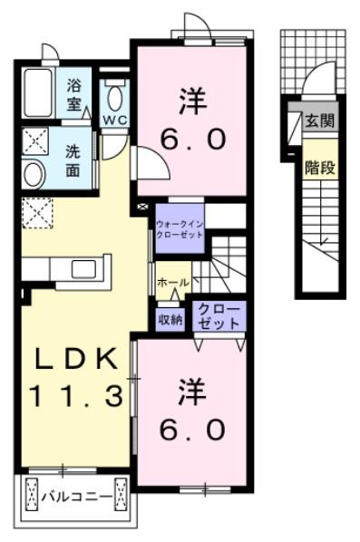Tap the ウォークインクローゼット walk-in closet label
coord(179,227)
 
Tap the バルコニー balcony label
coord(76,498)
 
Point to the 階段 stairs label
coord(318,167)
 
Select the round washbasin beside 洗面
coord(34,173)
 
